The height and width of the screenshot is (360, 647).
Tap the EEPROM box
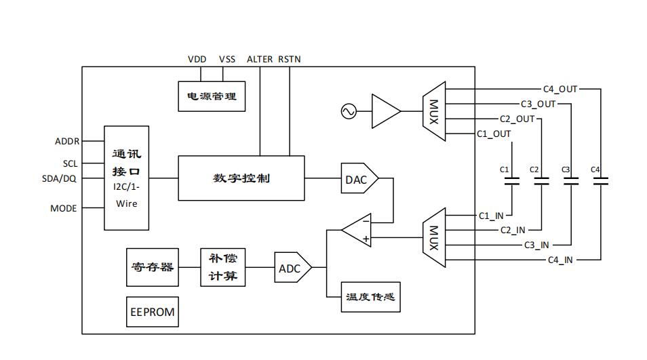click(153, 312)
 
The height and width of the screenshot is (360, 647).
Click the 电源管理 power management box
click(211, 96)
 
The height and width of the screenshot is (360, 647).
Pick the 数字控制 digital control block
click(241, 178)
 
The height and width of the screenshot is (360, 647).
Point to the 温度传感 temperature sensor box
click(370, 298)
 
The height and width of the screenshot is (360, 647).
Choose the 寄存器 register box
click(153, 266)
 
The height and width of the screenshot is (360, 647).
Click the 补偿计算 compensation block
click(223, 267)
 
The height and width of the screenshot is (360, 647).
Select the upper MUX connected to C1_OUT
click(433, 112)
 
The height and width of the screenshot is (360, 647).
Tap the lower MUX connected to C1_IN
click(433, 238)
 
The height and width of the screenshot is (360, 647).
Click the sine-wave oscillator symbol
click(349, 111)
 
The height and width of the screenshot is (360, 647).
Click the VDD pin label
click(197, 60)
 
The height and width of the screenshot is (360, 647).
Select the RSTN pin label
click(290, 60)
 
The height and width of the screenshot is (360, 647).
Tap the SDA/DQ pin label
click(59, 178)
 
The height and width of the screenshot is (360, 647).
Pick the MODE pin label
click(64, 208)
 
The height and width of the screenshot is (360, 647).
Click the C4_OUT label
click(560, 89)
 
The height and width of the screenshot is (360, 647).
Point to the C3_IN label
click(536, 245)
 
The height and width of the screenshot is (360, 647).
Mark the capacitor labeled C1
click(512, 181)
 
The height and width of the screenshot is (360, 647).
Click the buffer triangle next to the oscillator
click(385, 111)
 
